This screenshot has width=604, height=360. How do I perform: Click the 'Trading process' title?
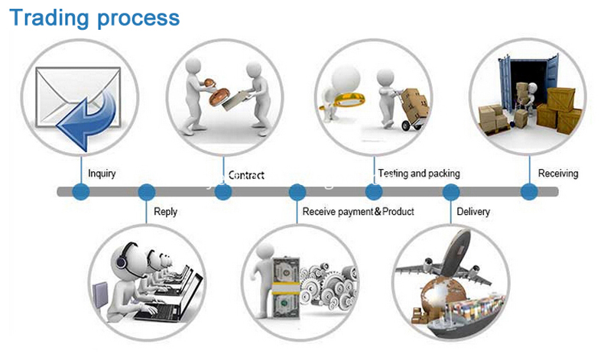(94, 18)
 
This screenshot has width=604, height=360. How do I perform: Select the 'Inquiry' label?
(102, 174)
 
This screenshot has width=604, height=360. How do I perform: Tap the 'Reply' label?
(165, 212)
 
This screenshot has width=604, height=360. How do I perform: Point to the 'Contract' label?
(246, 175)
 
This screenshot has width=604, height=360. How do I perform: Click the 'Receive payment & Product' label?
(359, 212)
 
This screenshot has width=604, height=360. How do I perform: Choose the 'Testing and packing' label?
(419, 174)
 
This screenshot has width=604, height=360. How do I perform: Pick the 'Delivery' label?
(473, 212)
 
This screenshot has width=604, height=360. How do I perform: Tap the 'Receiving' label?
(558, 174)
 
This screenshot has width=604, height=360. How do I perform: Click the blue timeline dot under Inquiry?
(81, 191)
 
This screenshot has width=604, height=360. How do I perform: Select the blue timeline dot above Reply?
(146, 192)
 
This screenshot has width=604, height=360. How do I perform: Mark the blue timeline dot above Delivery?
(450, 192)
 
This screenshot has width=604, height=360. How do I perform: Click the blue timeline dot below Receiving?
(529, 191)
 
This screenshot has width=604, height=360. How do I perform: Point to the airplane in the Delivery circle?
(447, 259)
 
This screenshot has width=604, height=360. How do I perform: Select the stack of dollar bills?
(286, 287)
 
